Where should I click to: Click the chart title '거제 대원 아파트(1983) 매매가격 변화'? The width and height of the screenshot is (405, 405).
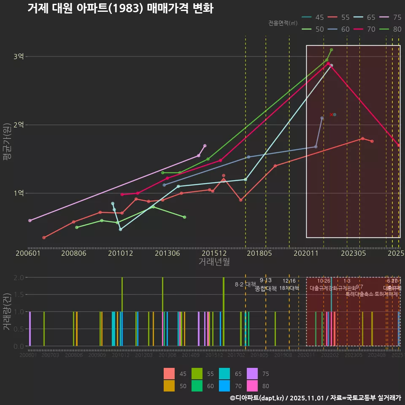[x=120, y=8]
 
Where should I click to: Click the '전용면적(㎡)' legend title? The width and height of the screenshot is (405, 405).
[x=283, y=23]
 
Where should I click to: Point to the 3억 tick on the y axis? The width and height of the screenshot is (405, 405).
[x=19, y=57]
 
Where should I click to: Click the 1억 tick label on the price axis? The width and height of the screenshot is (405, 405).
[x=19, y=193]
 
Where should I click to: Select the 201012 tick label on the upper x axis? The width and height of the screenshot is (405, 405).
[x=121, y=253]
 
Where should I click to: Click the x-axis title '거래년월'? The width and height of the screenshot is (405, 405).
[x=214, y=262]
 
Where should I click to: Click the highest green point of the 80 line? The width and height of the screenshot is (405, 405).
[x=332, y=50]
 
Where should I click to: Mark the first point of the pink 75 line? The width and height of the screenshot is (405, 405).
[x=30, y=221]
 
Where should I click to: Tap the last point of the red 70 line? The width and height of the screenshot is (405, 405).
[x=399, y=146]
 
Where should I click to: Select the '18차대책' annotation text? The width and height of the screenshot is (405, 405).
[x=289, y=288]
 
